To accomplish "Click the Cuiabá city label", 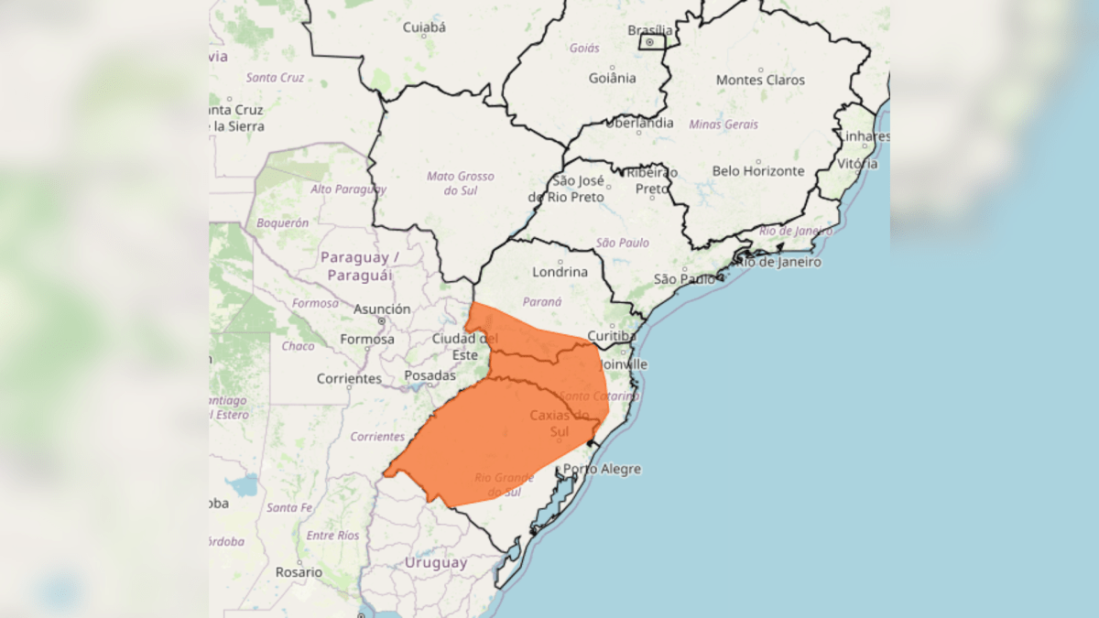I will [x=424, y=27].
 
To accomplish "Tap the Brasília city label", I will [x=649, y=29].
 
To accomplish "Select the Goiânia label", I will [x=612, y=78].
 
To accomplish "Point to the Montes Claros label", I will [x=760, y=80].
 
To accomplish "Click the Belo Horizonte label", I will [x=758, y=171].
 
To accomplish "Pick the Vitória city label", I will [x=857, y=164].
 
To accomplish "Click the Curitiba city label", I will [x=611, y=336].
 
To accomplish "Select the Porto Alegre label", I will [x=602, y=469].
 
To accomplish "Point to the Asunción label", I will [x=382, y=309].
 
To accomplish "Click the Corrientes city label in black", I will [x=349, y=378].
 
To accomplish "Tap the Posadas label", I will [x=430, y=375].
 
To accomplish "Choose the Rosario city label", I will [x=299, y=572].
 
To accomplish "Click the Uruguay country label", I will [x=436, y=563].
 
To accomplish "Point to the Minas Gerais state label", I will [x=724, y=125].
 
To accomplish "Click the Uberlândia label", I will [x=639, y=123].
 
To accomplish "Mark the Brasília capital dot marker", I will [x=649, y=42].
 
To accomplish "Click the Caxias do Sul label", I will [x=560, y=423].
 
